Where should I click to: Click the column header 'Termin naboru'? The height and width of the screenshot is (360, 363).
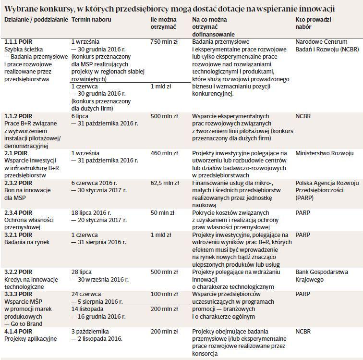tap(91, 20)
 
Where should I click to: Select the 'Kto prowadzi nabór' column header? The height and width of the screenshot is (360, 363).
tap(313, 23)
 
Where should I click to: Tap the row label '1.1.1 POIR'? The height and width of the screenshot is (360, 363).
tap(18, 42)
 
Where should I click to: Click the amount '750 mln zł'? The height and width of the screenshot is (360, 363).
tap(164, 42)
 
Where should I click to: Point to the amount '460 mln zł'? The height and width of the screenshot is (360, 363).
tap(164, 153)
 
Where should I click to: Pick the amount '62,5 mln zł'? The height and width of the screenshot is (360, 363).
tap(165, 183)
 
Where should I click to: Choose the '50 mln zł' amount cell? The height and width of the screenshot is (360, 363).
tap(162, 212)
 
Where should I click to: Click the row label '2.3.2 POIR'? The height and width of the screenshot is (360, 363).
tap(18, 183)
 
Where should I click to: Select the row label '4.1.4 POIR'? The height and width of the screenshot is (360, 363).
tap(18, 332)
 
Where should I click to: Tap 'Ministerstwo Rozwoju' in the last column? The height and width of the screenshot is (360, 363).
tap(324, 153)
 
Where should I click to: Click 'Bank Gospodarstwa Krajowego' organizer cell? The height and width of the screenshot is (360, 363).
tap(322, 275)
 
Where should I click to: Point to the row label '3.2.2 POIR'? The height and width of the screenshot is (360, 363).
tap(18, 272)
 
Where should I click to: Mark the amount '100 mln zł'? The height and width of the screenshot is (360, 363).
tap(164, 294)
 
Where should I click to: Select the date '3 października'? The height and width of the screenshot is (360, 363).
tap(90, 332)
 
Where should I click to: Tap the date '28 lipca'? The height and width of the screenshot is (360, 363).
tap(82, 272)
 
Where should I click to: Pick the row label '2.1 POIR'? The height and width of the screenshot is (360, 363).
tap(16, 153)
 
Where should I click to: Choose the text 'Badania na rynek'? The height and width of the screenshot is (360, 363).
tap(27, 242)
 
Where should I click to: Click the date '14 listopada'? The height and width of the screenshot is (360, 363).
tap(87, 309)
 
